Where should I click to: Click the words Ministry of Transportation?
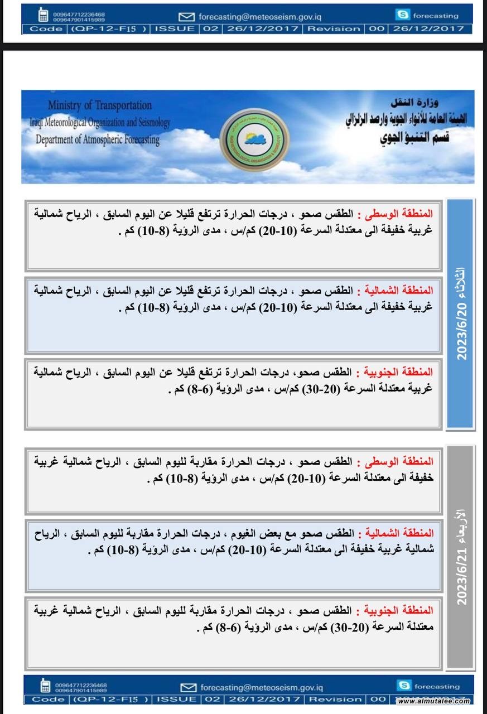coord(99,105)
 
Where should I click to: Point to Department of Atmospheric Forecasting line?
coord(97,139)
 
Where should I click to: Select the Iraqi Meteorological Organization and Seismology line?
coord(100,122)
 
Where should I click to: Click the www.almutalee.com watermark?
coord(434,701)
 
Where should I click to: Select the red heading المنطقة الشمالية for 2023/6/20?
coord(394,290)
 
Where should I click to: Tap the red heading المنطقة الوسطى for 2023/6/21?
coord(398,461)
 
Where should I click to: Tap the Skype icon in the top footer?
coord(401,15)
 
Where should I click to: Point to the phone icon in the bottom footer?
coord(45,686)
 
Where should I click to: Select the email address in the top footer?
coord(260,16)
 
